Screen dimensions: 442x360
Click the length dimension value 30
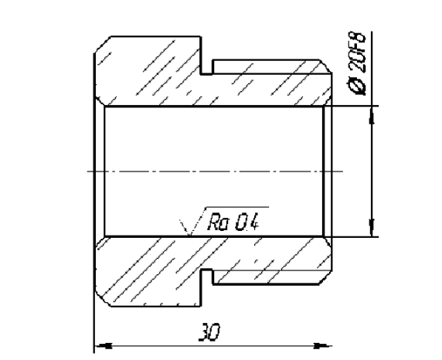point(209,332)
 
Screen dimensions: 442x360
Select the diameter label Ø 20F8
point(357,63)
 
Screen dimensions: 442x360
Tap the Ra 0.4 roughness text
point(233,222)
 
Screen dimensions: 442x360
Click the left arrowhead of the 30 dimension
point(104,345)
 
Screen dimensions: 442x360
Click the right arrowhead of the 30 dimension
point(323,345)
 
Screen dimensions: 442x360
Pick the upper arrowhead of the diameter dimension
point(372,116)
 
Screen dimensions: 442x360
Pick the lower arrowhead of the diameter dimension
point(372,227)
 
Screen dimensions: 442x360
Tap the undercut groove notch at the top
point(206,68)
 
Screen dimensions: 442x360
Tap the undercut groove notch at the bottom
point(206,277)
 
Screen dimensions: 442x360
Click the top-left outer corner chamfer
point(102,44)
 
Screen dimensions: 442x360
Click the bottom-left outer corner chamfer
point(102,298)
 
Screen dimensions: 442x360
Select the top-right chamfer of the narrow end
point(325,66)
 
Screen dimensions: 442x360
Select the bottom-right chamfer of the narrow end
point(325,278)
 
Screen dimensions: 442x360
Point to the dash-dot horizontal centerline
point(215,172)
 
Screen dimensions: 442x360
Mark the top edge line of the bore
point(214,107)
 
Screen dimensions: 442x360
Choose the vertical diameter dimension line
point(372,172)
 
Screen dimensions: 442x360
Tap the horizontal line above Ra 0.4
point(237,207)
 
